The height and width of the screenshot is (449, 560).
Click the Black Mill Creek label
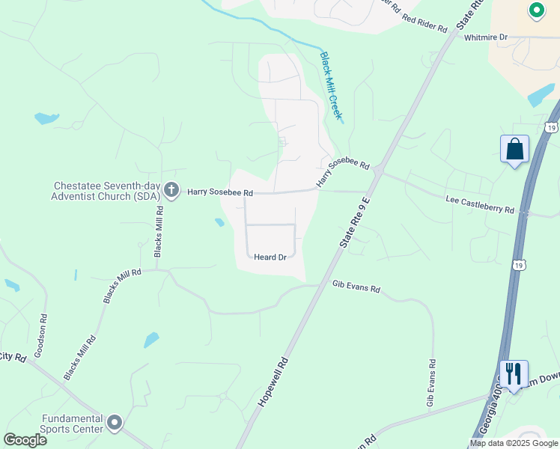[x=331, y=85]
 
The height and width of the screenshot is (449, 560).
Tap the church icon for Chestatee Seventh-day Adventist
[x=171, y=192]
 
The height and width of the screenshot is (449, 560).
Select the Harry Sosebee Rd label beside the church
[x=220, y=192]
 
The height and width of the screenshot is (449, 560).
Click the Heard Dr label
[x=270, y=257]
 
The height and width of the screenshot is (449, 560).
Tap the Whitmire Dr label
[x=486, y=37]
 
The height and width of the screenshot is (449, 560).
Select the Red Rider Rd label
[x=424, y=23]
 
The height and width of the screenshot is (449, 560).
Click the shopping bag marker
[x=515, y=149]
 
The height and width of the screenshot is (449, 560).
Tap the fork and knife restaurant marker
[x=514, y=373]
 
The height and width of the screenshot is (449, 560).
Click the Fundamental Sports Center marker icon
[x=115, y=424]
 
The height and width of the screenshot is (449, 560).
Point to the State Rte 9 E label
[x=356, y=222]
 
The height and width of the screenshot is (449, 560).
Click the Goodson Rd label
[x=42, y=334]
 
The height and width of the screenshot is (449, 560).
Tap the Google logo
[x=25, y=440]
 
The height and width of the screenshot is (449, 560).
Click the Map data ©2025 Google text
[x=514, y=443]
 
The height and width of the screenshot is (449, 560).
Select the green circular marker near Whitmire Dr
[x=536, y=10]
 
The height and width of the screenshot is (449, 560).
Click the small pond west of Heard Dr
[x=219, y=222]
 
